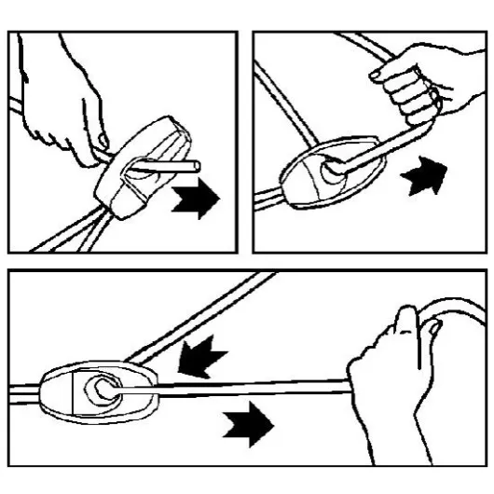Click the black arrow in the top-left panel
pos(198,199)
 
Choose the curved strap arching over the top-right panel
pos(308,65)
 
